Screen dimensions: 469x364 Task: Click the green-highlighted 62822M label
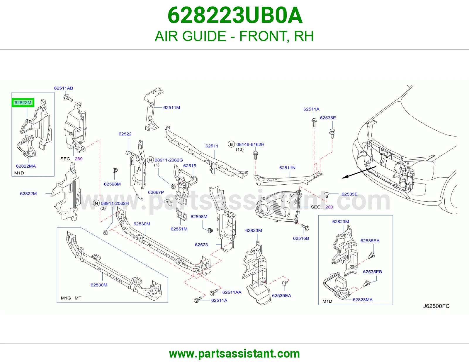(23, 102)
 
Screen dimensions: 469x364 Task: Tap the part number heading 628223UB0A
(235, 15)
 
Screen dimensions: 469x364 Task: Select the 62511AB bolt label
(63, 88)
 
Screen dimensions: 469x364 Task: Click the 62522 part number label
(125, 134)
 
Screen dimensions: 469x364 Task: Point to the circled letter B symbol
(231, 144)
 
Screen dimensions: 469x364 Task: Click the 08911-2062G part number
(169, 160)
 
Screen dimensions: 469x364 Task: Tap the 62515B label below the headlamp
(301, 238)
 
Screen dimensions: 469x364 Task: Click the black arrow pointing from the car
(359, 172)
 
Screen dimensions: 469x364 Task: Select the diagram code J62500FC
(436, 306)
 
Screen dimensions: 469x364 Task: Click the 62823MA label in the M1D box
(363, 300)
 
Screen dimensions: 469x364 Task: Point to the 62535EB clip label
(372, 272)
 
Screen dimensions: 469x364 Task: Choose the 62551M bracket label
(179, 229)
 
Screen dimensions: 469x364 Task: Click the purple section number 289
(79, 159)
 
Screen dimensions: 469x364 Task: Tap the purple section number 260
(329, 207)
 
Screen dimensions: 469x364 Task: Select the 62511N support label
(287, 168)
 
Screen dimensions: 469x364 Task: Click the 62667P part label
(156, 192)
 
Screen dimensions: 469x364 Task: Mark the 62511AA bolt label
(232, 292)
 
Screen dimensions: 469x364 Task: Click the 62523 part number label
(201, 245)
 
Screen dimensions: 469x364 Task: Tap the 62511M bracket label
(171, 108)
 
